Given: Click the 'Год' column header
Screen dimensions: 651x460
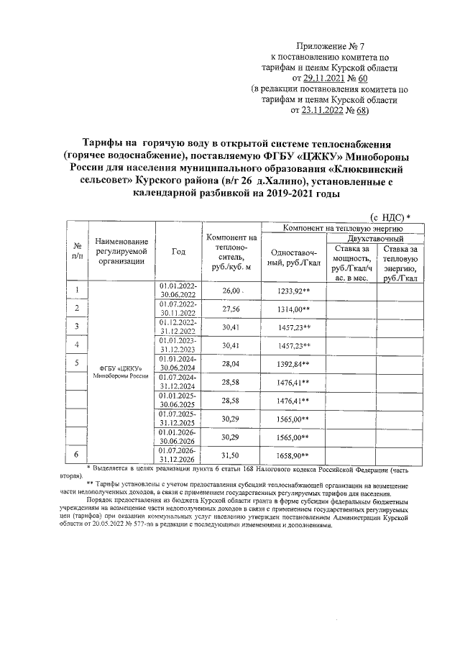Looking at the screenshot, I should (178, 252).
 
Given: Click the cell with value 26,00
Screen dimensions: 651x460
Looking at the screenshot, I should (231, 290).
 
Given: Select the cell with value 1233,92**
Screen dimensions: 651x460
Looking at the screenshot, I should (293, 290).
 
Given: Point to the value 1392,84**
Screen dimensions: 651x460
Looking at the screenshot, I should (293, 364).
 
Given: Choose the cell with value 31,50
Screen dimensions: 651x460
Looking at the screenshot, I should (231, 455).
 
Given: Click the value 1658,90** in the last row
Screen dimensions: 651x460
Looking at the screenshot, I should (293, 455).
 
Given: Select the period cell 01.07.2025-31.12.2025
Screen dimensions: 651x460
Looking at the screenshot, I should (178, 419).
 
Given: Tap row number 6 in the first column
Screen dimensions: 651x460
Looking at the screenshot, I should (77, 455).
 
